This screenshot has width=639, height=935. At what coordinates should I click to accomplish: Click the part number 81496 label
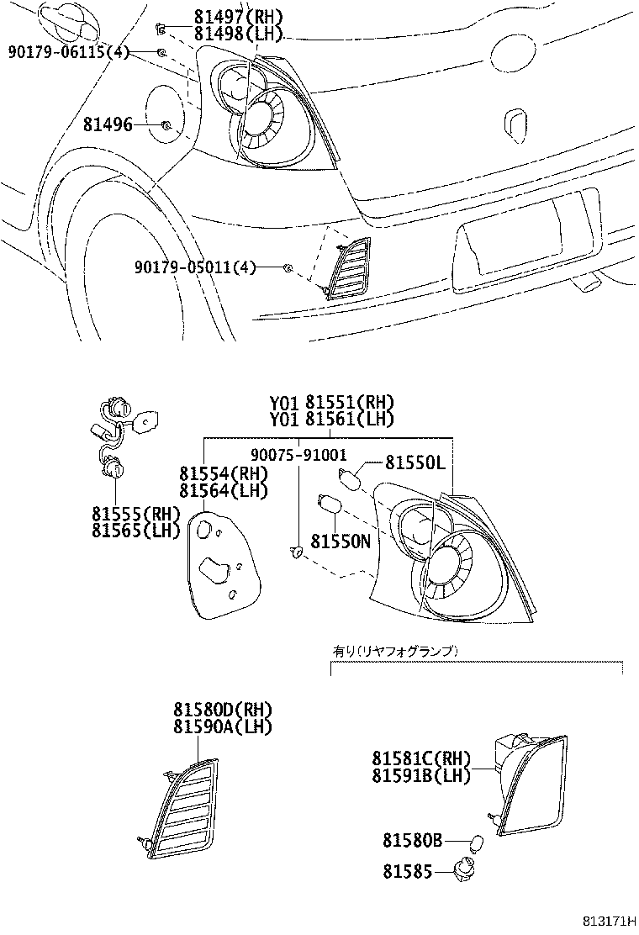coord(108,125)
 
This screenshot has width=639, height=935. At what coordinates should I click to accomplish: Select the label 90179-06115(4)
coord(69,52)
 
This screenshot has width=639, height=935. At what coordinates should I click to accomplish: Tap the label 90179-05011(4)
coord(194,267)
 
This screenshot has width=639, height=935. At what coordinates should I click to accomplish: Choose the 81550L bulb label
coord(413,462)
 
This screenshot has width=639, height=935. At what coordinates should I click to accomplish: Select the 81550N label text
coord(340,542)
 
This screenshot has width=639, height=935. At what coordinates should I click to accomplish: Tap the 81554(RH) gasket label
coord(221,474)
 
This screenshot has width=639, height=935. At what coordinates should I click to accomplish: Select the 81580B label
coord(412,840)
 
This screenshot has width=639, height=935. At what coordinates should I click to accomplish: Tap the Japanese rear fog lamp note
coord(392,651)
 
